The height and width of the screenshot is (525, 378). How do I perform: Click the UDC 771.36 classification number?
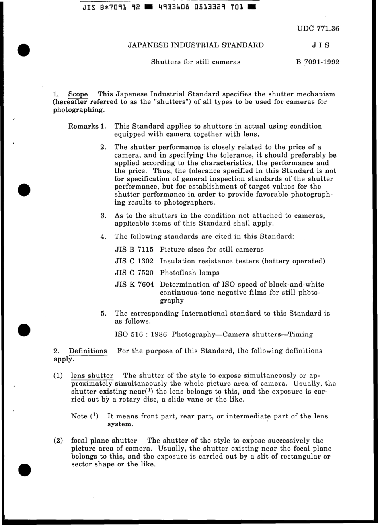click(318, 29)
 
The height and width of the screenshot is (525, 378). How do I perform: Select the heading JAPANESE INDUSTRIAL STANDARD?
click(195, 45)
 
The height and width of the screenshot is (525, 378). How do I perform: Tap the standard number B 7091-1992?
click(318, 62)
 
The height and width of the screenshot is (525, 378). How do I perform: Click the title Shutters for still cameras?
click(195, 62)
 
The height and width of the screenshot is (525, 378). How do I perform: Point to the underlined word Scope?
click(78, 94)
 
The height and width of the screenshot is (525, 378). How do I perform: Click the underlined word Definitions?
click(88, 351)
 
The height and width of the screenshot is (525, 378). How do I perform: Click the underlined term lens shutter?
click(92, 376)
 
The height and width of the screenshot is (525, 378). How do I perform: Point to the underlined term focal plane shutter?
click(104, 441)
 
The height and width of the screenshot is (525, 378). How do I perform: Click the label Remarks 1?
click(87, 126)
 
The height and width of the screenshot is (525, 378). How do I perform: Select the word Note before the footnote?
click(79, 416)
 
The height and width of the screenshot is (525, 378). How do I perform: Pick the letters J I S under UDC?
click(320, 45)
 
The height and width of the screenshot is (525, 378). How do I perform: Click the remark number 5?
click(103, 314)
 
